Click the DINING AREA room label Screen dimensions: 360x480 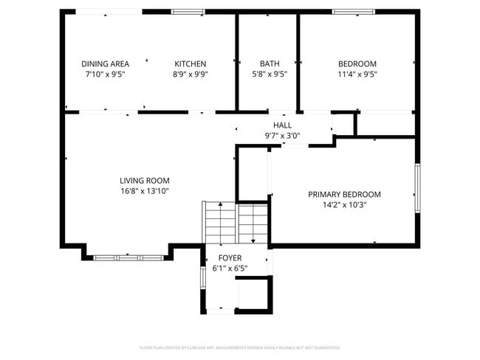point(105,63)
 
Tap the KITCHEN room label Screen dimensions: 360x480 point(190,63)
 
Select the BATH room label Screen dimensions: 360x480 point(270,63)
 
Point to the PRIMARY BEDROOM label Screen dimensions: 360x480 point(344,194)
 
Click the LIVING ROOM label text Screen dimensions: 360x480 point(145,180)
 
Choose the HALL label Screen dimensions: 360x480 point(282,125)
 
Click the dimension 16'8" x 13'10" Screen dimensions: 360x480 point(145,190)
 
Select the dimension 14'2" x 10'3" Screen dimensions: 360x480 point(344,204)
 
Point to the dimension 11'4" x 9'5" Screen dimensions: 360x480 point(357,74)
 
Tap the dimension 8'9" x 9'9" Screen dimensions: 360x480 point(190,74)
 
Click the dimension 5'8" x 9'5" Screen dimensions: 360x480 point(270,74)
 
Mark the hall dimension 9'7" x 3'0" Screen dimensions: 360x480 point(282,136)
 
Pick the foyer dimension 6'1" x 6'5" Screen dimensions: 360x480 point(229,268)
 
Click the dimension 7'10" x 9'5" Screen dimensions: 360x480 point(105,74)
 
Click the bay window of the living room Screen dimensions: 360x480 point(128,257)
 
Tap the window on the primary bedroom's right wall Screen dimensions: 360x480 point(417,188)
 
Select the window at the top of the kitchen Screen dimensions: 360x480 point(188,12)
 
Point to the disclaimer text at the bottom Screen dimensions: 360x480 point(240,347)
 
